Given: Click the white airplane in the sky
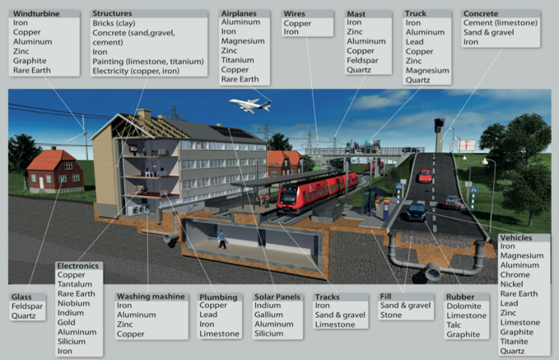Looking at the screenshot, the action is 250,105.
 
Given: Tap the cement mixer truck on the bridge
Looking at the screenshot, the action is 363,146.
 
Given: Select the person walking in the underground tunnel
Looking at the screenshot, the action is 222,240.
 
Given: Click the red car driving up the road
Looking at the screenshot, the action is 426,176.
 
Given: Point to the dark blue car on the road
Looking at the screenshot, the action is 416,212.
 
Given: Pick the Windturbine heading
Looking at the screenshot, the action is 36,13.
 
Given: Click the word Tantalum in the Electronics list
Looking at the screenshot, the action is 75,284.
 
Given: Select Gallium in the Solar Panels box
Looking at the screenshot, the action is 268,315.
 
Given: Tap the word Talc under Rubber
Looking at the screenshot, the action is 454,325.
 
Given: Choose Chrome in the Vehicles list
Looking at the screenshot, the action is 515,274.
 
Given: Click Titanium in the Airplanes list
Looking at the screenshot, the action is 237,60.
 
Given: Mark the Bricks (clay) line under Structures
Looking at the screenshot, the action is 114,23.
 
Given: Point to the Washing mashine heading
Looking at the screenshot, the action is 151,297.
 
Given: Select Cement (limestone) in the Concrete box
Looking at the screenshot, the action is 501,23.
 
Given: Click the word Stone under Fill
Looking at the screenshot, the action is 391,315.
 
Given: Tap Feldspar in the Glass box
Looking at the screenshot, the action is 27,306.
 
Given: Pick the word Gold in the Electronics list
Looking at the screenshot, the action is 67,323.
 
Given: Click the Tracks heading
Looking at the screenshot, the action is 327,297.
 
